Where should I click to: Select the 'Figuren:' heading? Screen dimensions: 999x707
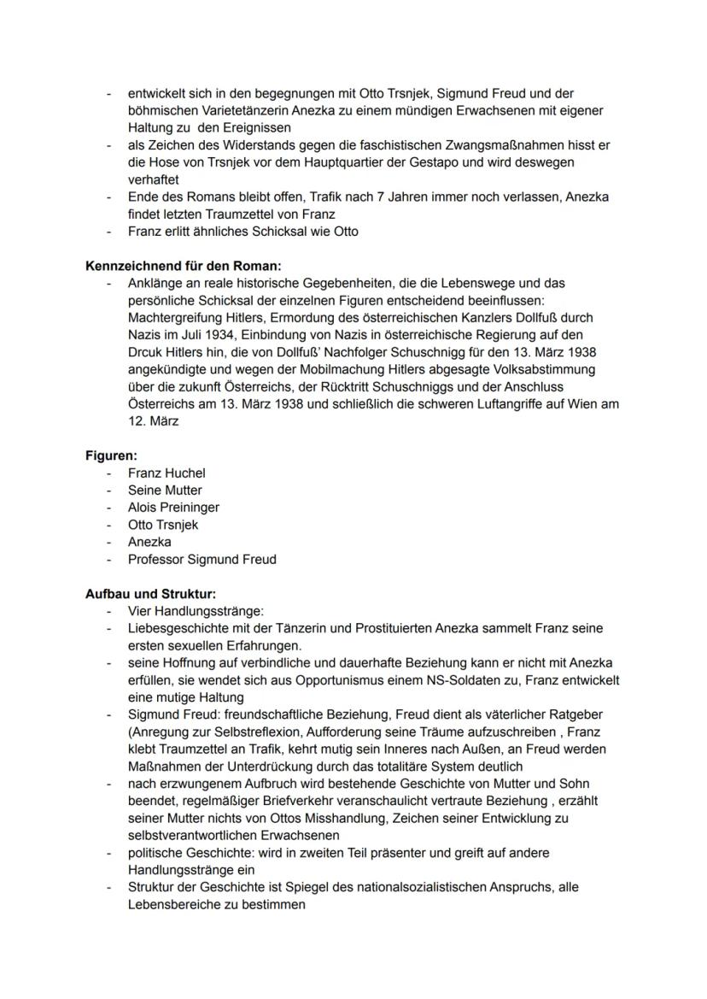click(111, 455)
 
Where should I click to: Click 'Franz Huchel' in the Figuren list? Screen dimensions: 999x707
click(167, 473)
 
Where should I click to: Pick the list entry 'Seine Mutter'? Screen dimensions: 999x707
click(165, 491)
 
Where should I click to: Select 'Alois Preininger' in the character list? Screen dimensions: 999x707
click(173, 508)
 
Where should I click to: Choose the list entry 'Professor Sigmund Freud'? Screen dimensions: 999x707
click(202, 560)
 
